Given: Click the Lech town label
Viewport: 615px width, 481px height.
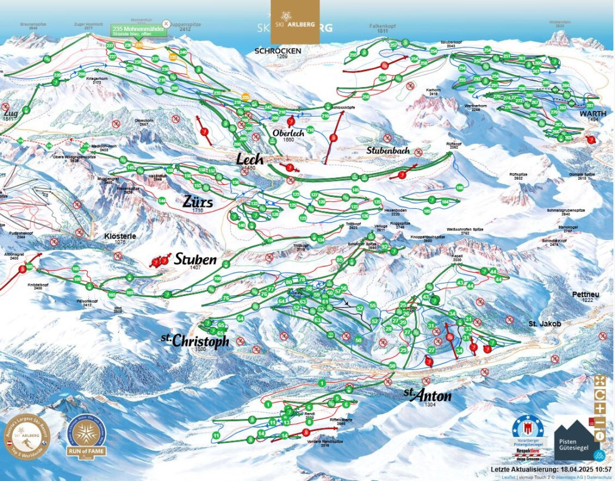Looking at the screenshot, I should (250, 159).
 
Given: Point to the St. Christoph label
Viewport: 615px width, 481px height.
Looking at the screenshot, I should (195, 341).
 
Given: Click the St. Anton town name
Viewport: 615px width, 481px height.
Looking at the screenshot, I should (427, 396).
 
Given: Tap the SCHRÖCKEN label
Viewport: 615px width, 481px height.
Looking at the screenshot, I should (278, 51).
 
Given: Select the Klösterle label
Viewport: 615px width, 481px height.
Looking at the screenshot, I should (120, 236).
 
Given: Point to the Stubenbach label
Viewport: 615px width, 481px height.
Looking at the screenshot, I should (388, 151).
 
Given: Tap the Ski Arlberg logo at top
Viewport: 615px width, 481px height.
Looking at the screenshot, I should (295, 21).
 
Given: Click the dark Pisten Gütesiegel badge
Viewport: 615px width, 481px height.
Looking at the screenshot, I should (576, 439).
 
